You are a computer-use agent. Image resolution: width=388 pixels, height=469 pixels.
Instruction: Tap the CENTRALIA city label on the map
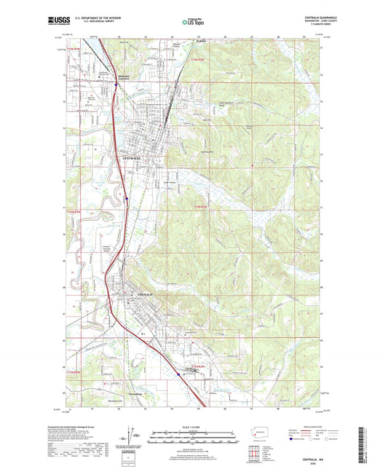click(x=134, y=157)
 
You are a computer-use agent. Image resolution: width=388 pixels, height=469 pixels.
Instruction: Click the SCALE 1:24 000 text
click(x=193, y=426)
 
